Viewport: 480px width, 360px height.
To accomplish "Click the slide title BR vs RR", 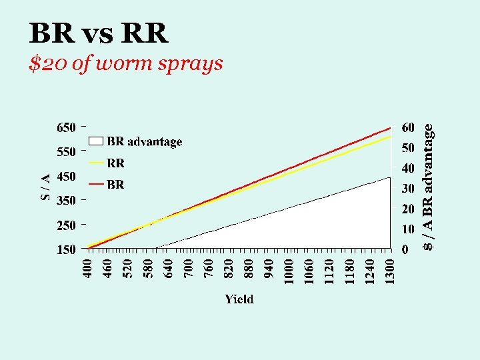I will coord(99,33).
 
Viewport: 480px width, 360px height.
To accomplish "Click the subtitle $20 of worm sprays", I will coord(126,64).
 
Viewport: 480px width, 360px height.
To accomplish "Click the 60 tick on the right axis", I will coord(407,127).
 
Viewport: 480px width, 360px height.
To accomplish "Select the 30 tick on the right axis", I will coord(407,189).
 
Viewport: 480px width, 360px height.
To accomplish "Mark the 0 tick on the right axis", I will coord(405,250).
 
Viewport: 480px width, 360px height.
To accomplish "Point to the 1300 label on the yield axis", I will coord(389,271).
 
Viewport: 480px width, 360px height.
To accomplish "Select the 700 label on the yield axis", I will coord(189,269).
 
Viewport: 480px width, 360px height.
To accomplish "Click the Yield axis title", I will coord(239,299).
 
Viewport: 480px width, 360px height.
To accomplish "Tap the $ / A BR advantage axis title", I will coord(430,189).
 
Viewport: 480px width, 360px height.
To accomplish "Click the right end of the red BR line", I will coord(389,128).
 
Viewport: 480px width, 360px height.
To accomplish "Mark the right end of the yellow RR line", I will coord(389,137).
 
